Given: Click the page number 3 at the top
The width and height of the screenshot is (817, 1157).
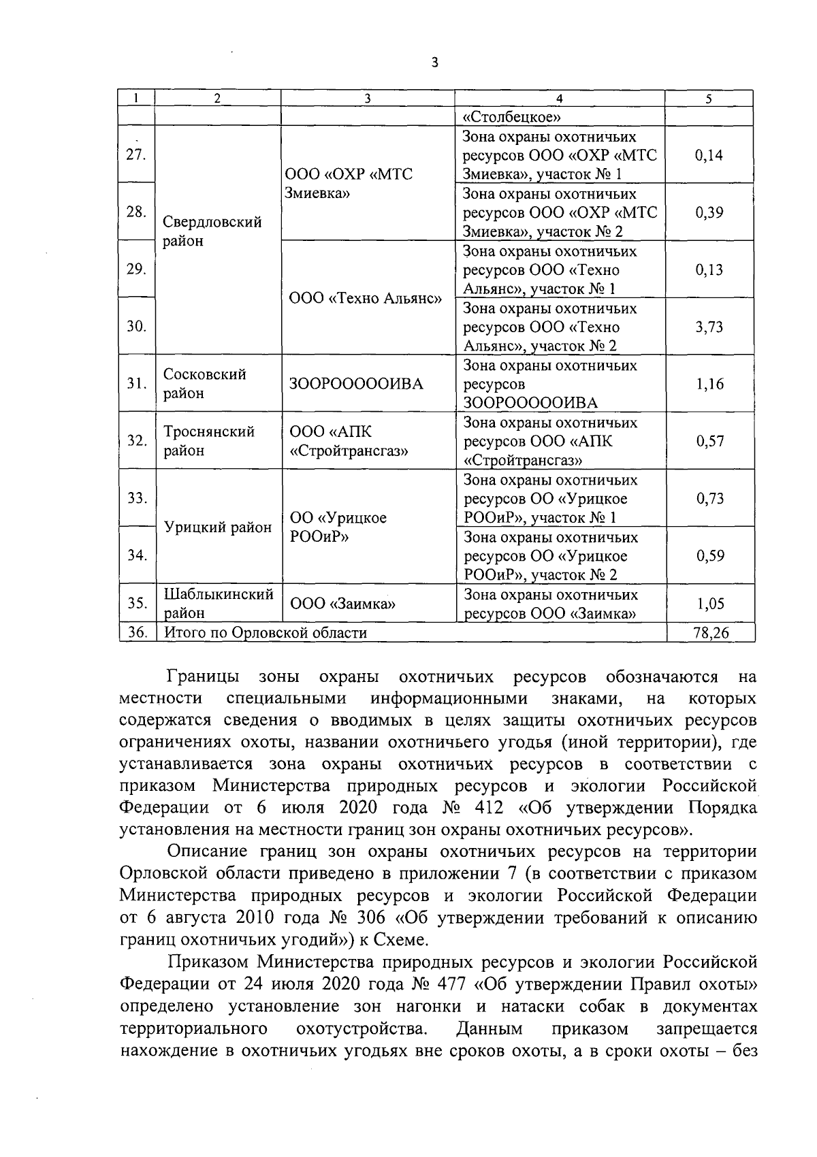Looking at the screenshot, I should point(434,63).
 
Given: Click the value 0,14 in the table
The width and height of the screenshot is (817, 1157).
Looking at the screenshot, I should point(709,155).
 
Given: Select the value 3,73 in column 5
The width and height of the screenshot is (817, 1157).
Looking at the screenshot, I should point(709,327).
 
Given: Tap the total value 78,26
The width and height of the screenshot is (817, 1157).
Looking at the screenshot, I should point(710,633).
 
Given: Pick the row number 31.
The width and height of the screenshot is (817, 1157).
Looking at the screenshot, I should point(137,384).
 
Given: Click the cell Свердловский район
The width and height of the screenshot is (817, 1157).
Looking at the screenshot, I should point(212,231).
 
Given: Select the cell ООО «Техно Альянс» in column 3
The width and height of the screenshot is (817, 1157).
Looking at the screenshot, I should point(366,298).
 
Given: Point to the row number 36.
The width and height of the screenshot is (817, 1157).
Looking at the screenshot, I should point(137,633).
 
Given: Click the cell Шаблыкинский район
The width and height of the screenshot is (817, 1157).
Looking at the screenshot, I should point(219,603).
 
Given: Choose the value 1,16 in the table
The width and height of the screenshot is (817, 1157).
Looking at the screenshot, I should point(709,384).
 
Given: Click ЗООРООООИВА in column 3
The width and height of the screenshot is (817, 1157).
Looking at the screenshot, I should point(356,384).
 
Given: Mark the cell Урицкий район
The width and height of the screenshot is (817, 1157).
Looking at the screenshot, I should point(218,527).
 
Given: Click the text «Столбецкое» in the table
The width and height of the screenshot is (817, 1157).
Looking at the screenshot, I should point(511,116).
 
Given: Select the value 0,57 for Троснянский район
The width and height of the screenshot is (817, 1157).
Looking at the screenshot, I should point(709,441).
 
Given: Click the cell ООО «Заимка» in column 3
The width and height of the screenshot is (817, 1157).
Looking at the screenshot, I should point(343,604).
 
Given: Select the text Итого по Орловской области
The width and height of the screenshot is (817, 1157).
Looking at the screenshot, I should point(266,633).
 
